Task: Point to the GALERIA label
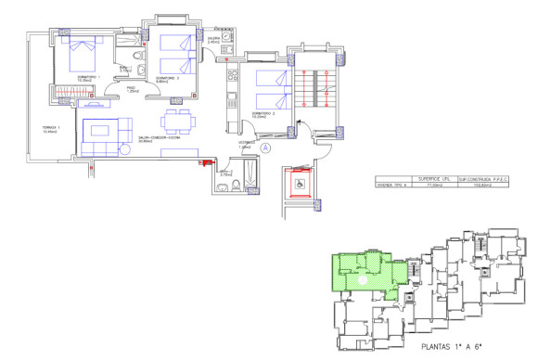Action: [x=213, y=39]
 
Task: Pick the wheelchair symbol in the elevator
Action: [x=300, y=185]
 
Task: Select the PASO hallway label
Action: [x=133, y=89]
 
